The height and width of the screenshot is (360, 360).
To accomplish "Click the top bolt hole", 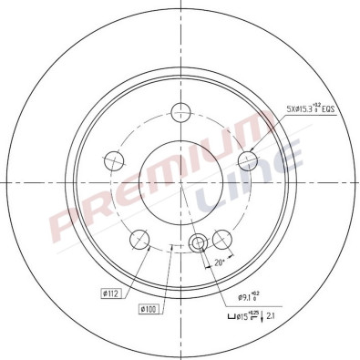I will pyautogui.click(x=180, y=113).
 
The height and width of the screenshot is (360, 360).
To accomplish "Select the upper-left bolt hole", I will pyautogui.click(x=114, y=160).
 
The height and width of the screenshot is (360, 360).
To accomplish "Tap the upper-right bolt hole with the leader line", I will pyautogui.click(x=247, y=160).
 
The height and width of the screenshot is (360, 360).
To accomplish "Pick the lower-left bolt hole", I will pyautogui.click(x=139, y=240).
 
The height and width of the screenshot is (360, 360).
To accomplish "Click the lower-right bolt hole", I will pyautogui.click(x=221, y=240).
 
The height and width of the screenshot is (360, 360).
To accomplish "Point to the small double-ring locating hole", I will pyautogui.click(x=198, y=242).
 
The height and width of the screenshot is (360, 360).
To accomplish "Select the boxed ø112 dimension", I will pyautogui.click(x=112, y=293).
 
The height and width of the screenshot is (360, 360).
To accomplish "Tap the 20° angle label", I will pyautogui.click(x=219, y=263).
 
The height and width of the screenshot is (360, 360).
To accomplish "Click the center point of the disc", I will pyautogui.click(x=180, y=181).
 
